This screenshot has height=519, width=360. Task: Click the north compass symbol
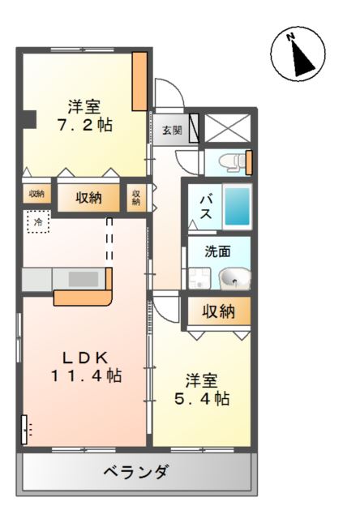tap(298, 54)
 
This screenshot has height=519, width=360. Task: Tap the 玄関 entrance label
tap(172, 130)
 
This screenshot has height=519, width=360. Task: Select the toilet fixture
tap(232, 162)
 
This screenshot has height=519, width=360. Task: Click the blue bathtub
tap(237, 206)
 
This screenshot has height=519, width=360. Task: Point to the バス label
tap(205, 207)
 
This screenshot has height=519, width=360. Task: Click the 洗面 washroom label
tap(217, 251)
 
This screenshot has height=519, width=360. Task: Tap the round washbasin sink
tap(235, 279)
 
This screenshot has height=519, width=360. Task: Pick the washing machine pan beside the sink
tap(199, 278)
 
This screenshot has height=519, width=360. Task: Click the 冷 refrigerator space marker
tap(38, 221)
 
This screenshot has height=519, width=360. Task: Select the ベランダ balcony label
tap(137, 471)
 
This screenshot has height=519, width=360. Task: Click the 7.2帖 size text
tap(85, 125)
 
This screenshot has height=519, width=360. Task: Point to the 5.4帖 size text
tap(202, 398)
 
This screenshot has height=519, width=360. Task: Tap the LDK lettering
tap(86, 358)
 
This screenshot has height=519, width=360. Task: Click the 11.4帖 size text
tap(87, 375)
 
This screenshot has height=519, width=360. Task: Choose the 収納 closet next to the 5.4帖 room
tap(219, 311)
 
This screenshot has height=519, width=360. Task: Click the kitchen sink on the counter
tap(84, 279)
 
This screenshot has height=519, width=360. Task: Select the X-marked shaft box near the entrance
tap(227, 128)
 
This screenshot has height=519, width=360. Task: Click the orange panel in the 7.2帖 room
tap(139, 81)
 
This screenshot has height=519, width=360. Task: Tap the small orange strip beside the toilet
tap(249, 162)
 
